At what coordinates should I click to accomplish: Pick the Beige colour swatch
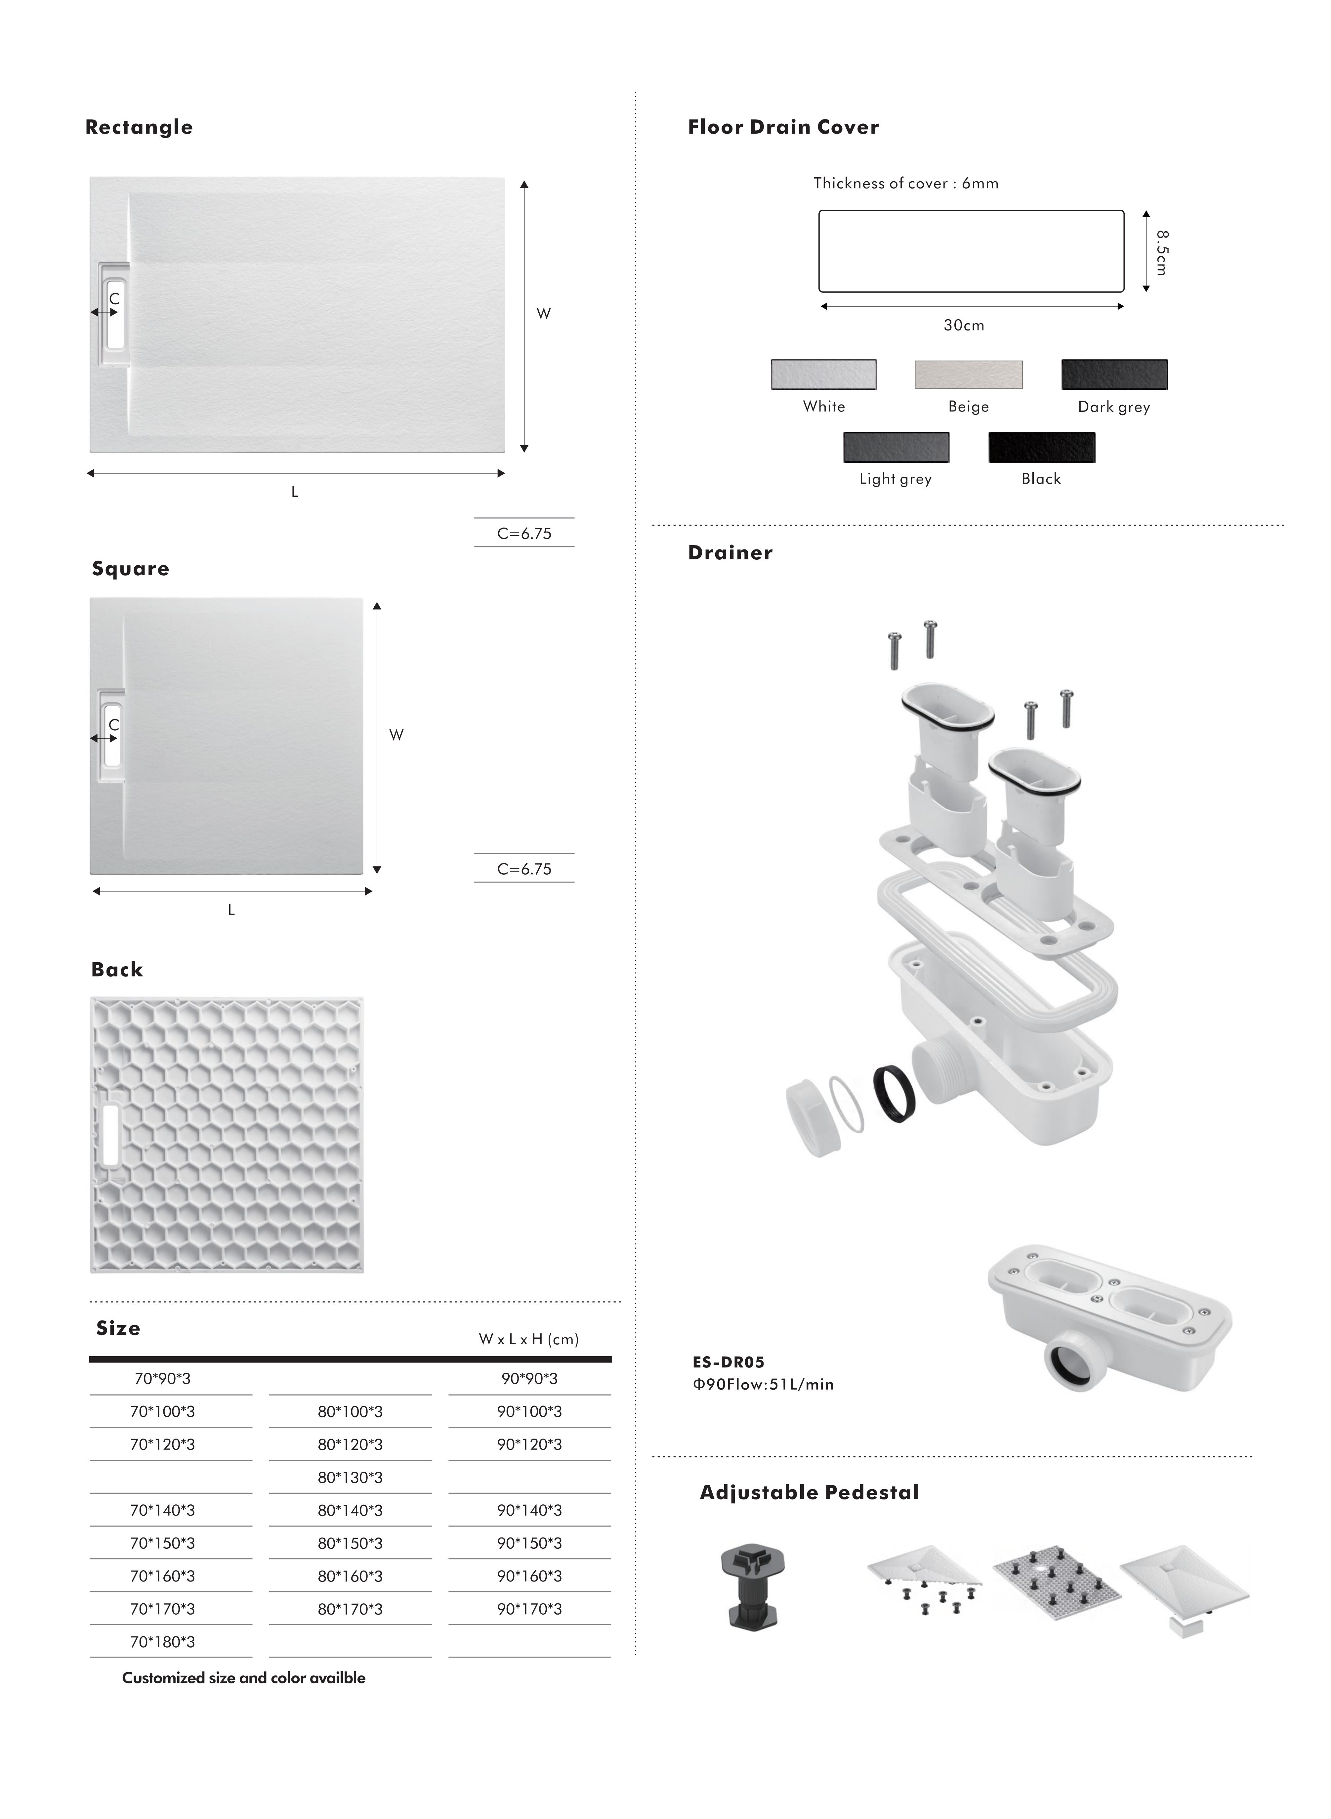tap(969, 375)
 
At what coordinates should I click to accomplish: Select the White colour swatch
tap(823, 375)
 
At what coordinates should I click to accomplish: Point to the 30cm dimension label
tap(964, 325)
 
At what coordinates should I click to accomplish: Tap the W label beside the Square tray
tap(396, 735)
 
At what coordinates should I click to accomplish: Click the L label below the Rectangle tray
tap(295, 492)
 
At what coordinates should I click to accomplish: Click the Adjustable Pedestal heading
tap(809, 1493)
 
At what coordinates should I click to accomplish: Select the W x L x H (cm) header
tap(528, 1339)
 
